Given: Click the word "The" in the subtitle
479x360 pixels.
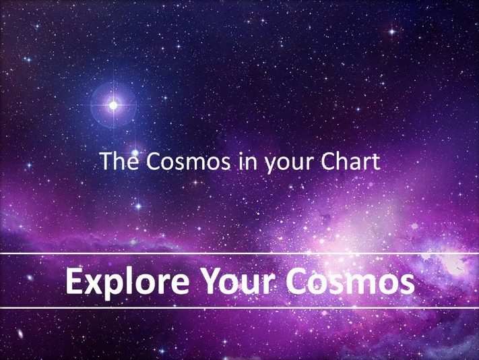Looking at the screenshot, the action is pyautogui.click(x=119, y=161).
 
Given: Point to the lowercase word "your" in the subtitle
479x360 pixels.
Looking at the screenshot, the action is pyautogui.click(x=289, y=164).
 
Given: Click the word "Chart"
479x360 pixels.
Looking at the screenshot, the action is pyautogui.click(x=350, y=161).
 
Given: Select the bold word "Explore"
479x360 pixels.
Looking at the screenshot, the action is pyautogui.click(x=127, y=282).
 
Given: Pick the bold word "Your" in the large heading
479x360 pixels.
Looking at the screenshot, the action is pyautogui.click(x=238, y=281).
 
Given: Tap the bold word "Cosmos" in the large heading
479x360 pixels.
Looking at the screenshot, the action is pyautogui.click(x=350, y=281).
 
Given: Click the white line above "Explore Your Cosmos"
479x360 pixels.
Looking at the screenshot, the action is pyautogui.click(x=240, y=253).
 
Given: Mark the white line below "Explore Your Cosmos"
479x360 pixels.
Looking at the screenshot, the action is pyautogui.click(x=240, y=307).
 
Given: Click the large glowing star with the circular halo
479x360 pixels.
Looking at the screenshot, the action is pyautogui.click(x=113, y=105).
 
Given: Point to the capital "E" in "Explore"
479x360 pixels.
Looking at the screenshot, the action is pyautogui.click(x=74, y=281).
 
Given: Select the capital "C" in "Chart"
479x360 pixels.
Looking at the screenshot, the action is pyautogui.click(x=328, y=161).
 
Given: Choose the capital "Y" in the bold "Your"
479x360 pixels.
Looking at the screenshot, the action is pyautogui.click(x=213, y=281).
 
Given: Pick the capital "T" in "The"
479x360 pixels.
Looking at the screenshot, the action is pyautogui.click(x=106, y=161).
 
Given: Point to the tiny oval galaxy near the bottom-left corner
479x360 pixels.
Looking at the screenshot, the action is pyautogui.click(x=20, y=334).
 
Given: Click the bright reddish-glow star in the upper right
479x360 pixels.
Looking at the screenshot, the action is pyautogui.click(x=392, y=32).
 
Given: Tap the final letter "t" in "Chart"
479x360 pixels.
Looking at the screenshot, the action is pyautogui.click(x=376, y=162).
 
